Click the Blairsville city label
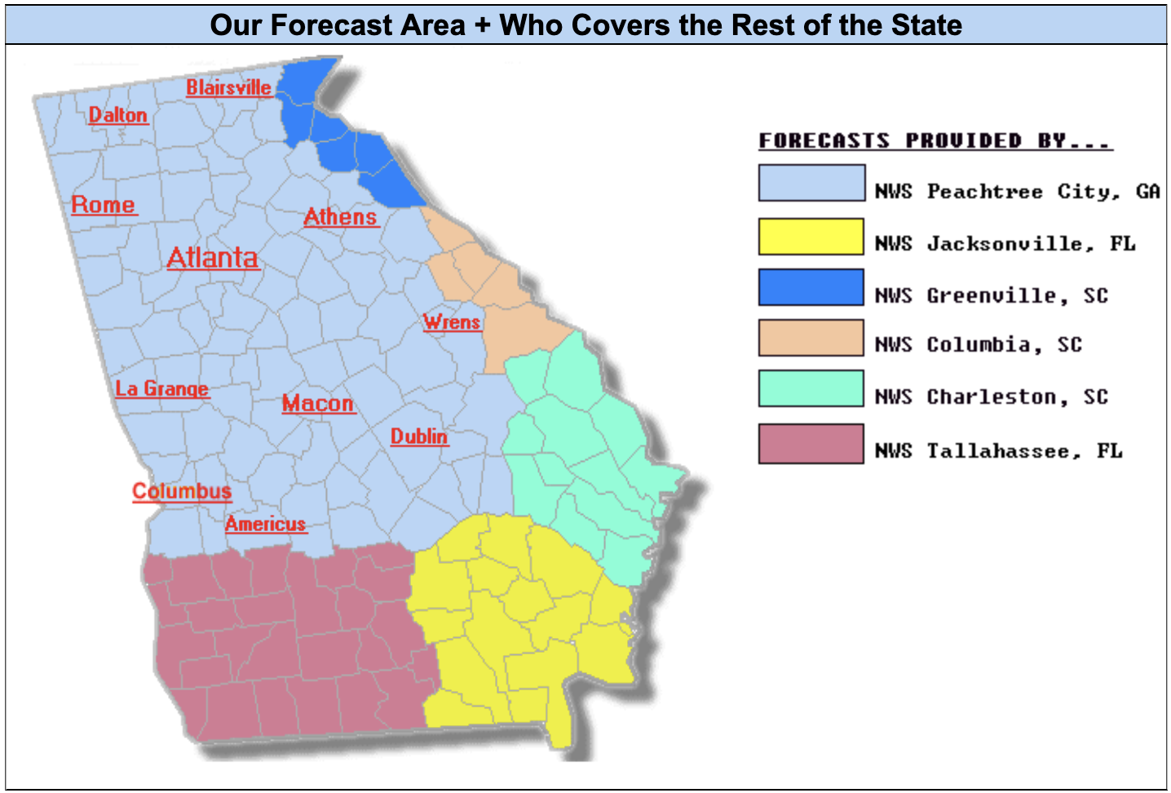228,87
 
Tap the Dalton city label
118,115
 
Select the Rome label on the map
103,204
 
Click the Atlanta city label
212,258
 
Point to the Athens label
340,217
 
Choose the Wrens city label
452,322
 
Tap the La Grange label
161,388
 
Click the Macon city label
318,403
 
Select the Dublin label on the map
418,436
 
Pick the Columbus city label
182,491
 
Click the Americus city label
265,524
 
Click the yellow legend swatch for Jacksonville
811,237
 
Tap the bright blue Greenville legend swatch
811,287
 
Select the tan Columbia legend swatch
811,338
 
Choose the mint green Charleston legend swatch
811,388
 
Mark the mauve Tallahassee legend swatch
811,444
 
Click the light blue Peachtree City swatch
811,183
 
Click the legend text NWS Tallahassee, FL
998,451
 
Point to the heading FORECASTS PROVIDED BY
935,140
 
